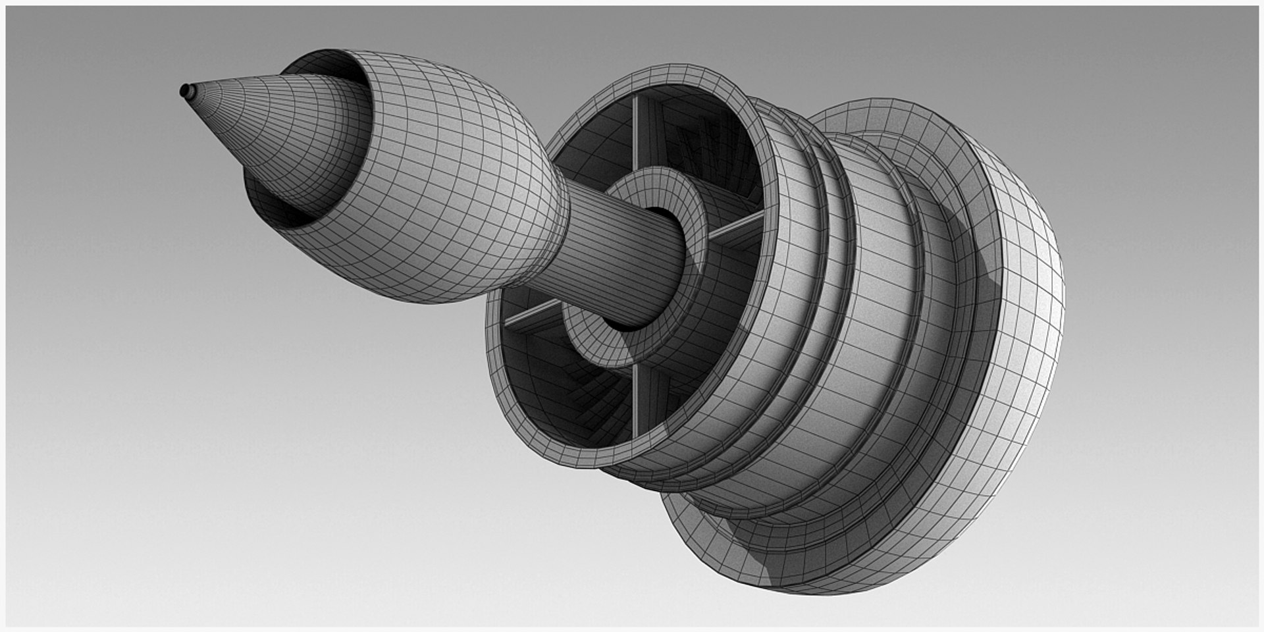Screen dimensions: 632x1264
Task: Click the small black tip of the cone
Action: point(185,90)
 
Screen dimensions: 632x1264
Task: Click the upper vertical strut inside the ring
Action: point(636,132)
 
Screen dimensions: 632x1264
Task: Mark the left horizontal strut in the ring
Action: point(533,313)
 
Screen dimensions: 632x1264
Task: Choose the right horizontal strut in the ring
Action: point(737,227)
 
